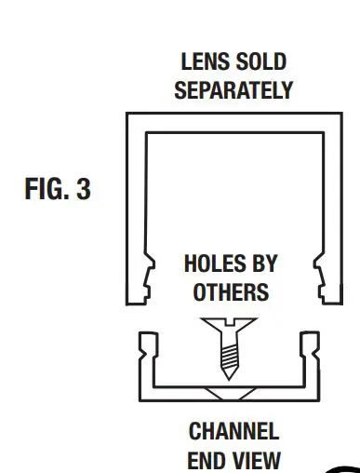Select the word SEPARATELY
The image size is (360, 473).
pyautogui.click(x=233, y=90)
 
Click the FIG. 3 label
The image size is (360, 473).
pyautogui.click(x=58, y=190)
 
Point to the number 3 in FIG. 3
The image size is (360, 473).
pyautogui.click(x=84, y=190)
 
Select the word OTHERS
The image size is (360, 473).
pyautogui.click(x=231, y=291)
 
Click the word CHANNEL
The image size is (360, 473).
pyautogui.click(x=233, y=432)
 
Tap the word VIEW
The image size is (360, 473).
pyautogui.click(x=255, y=459)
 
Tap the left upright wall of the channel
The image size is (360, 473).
pyautogui.click(x=147, y=363)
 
